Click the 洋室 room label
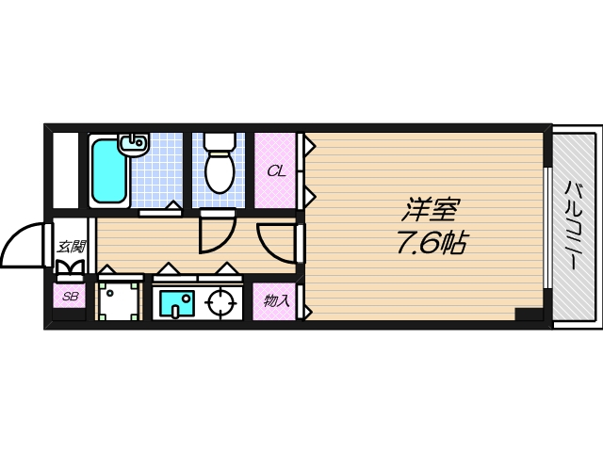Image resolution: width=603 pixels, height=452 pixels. (x=433, y=208)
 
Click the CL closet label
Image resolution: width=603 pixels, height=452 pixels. (x=275, y=170)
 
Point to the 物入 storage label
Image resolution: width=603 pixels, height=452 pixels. (x=276, y=301)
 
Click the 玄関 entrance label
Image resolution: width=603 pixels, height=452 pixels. (x=71, y=247)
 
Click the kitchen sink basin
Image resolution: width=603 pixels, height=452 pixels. (x=175, y=304)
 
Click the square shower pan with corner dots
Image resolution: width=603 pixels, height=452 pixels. (x=120, y=301)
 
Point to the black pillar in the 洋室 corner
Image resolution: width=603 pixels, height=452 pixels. (x=529, y=315)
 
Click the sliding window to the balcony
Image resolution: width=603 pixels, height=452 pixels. (x=547, y=226)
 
